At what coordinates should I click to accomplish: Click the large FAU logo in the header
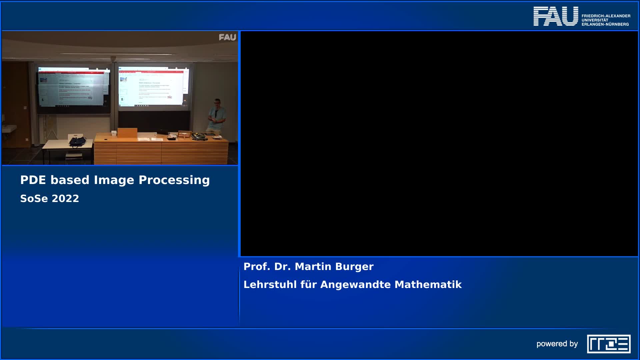pyautogui.click(x=556, y=16)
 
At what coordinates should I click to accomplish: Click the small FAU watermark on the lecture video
pyautogui.click(x=227, y=37)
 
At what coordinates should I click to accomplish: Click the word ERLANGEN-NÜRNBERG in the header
pyautogui.click(x=605, y=24)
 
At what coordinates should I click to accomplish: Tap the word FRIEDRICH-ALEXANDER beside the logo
pyautogui.click(x=606, y=16)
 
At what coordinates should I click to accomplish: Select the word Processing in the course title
pyautogui.click(x=174, y=180)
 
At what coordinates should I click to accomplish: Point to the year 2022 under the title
pyautogui.click(x=65, y=199)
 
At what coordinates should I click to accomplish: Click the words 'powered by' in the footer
pyautogui.click(x=557, y=344)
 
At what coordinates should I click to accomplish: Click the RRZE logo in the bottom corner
pyautogui.click(x=609, y=344)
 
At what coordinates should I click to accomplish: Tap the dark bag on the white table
pyautogui.click(x=77, y=142)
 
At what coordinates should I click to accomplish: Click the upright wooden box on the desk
pyautogui.click(x=127, y=133)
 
